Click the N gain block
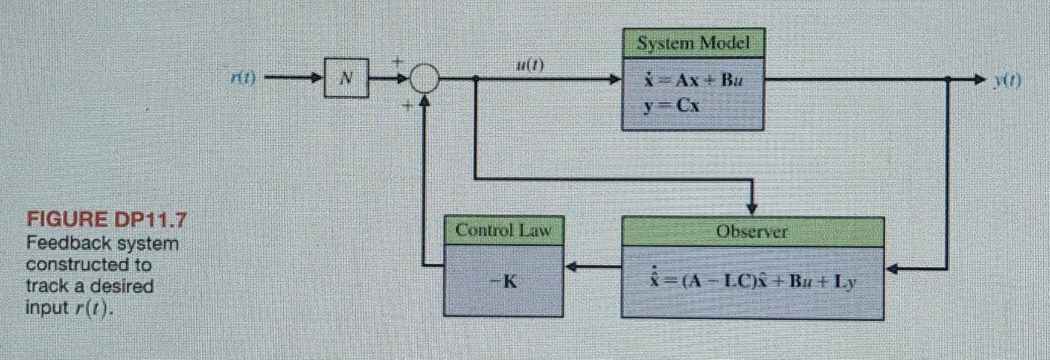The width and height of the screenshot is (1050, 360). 346,77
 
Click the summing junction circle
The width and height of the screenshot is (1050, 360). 424,78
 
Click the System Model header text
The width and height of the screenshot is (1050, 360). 693,43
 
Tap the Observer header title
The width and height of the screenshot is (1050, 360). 752,232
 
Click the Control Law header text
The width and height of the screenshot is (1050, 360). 503,230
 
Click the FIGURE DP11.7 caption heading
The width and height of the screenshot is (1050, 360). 106,220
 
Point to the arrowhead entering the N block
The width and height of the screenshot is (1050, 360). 319,77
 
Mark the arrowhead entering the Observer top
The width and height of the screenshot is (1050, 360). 752,209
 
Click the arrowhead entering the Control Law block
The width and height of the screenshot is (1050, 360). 571,267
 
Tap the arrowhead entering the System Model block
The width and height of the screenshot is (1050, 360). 616,78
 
